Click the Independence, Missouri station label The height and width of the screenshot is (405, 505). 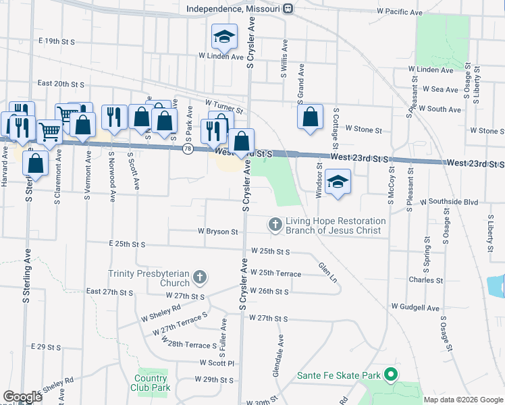235,8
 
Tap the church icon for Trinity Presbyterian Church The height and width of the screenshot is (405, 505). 200,277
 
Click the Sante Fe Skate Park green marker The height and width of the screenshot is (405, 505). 390,374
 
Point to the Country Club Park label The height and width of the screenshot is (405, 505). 151,383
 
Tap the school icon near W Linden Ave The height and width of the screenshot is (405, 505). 223,37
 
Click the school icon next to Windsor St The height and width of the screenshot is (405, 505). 338,181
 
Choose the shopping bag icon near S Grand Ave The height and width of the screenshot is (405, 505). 309,116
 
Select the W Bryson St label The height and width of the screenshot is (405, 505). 217,232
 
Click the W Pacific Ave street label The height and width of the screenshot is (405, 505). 400,12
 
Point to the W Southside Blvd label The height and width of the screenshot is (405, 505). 448,202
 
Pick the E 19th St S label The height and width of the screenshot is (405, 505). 57,41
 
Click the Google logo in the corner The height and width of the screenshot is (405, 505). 22,397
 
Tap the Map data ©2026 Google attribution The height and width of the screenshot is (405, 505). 463,400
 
